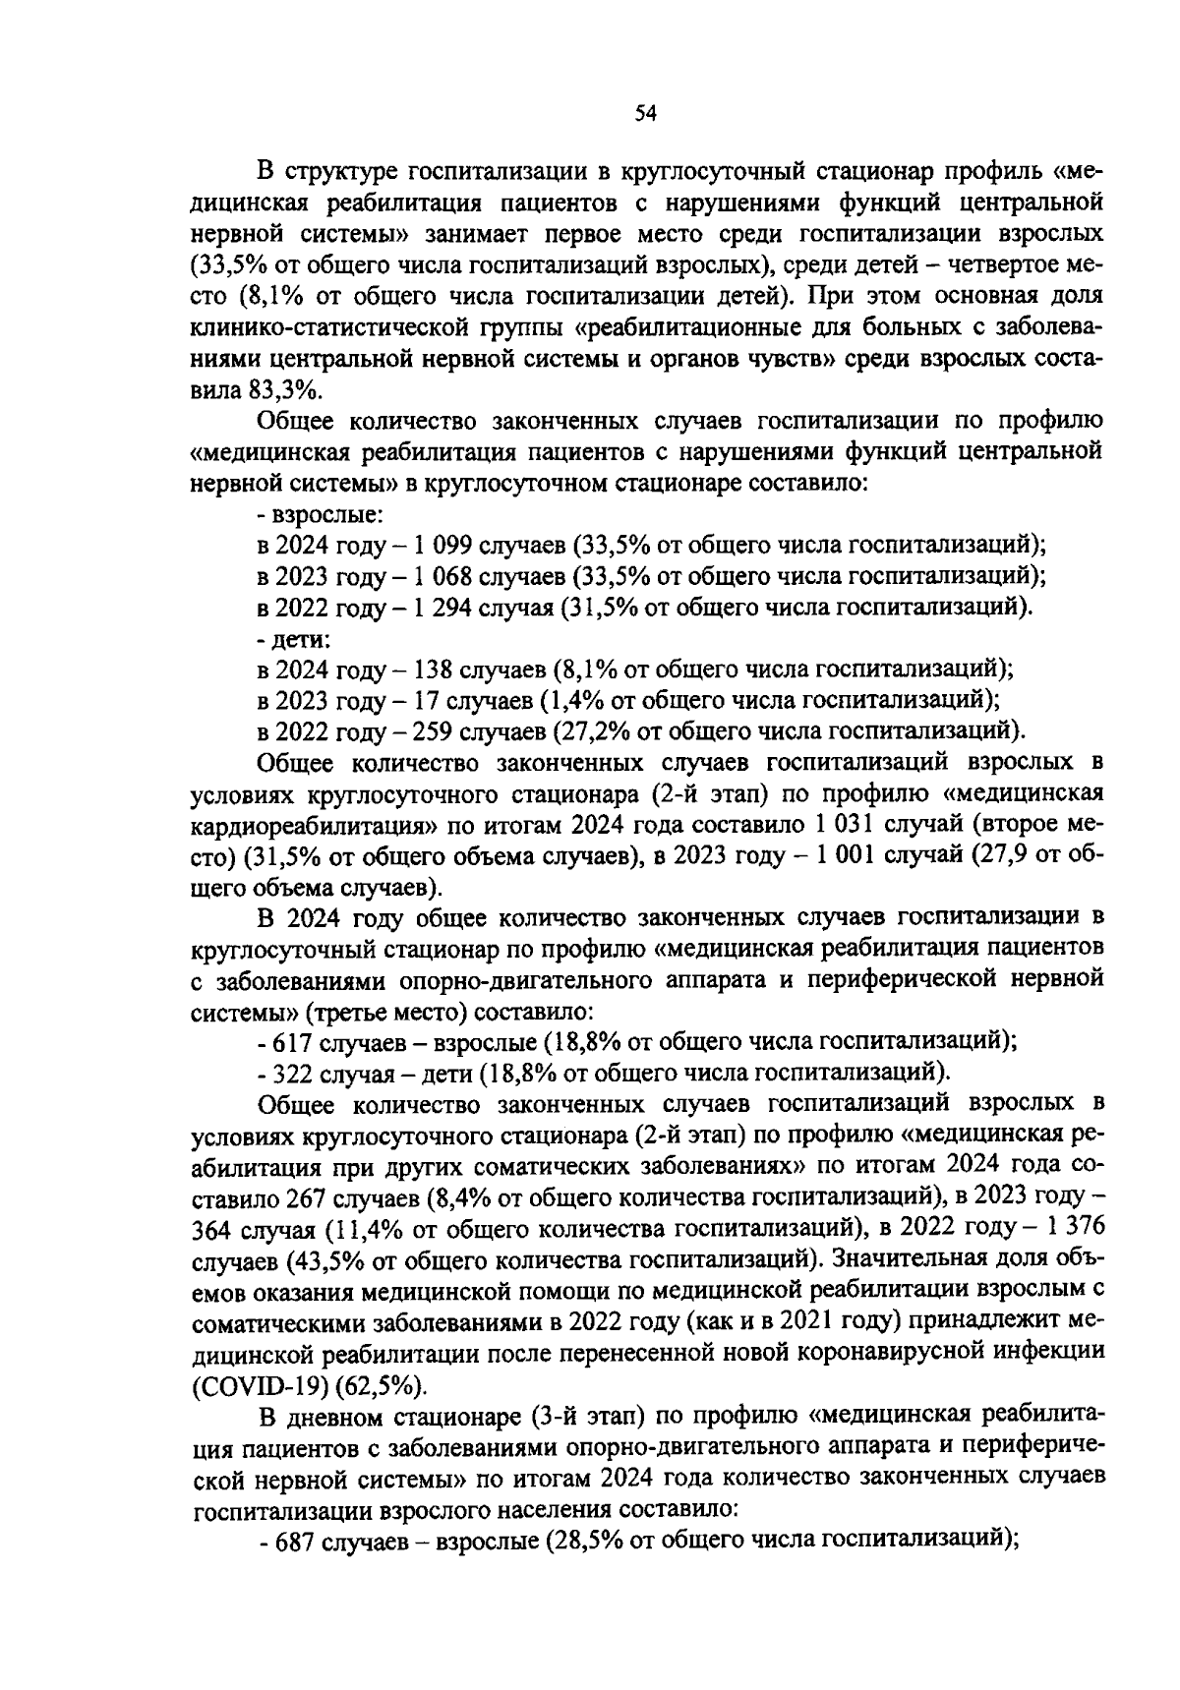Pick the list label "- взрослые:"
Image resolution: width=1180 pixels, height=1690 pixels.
(320, 513)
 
